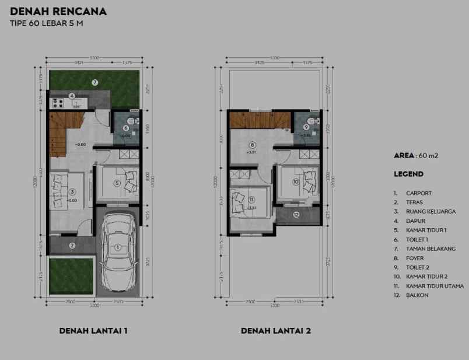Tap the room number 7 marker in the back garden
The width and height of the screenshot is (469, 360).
(94, 83)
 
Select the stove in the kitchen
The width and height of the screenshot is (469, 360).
(58, 103)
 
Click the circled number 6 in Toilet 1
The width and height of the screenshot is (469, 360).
(126, 128)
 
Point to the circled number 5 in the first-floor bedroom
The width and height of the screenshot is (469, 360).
(117, 183)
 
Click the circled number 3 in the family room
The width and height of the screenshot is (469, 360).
(72, 191)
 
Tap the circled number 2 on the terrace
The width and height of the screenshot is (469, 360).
(72, 246)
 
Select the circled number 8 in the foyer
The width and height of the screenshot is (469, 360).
(252, 145)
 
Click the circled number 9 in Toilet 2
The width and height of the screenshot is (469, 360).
(306, 127)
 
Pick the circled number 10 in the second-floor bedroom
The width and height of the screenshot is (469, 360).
(296, 182)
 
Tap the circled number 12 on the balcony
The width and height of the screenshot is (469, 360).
(296, 215)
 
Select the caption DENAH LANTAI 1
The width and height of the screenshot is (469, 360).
(93, 331)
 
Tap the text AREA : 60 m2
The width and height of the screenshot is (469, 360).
(416, 156)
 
